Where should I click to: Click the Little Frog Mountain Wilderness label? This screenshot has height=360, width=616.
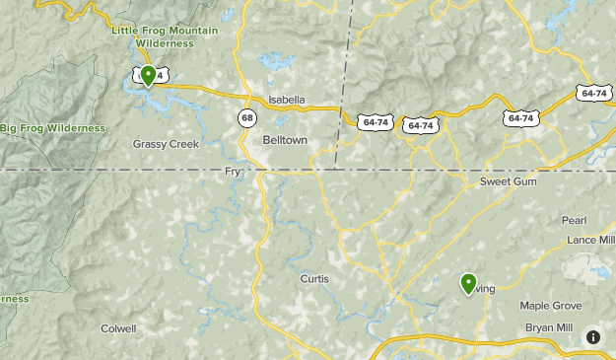pyautogui.click(x=152, y=37)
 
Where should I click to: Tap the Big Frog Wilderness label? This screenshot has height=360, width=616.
pyautogui.click(x=52, y=128)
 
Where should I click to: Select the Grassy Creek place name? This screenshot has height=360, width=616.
pyautogui.click(x=166, y=144)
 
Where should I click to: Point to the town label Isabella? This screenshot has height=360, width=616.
pyautogui.click(x=287, y=100)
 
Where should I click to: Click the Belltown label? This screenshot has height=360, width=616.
pyautogui.click(x=285, y=140)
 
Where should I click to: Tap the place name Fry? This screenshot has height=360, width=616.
pyautogui.click(x=233, y=172)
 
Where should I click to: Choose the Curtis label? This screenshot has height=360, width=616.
pyautogui.click(x=314, y=279)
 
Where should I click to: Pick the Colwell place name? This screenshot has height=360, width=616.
pyautogui.click(x=118, y=328)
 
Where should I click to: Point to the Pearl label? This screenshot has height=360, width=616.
pyautogui.click(x=574, y=220)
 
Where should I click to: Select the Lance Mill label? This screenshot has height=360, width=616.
pyautogui.click(x=590, y=240)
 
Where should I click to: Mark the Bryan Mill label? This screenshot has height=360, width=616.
pyautogui.click(x=549, y=326)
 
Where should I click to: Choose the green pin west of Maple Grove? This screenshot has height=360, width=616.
pyautogui.click(x=468, y=284)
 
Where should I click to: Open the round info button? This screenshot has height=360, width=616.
pyautogui.click(x=592, y=336)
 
